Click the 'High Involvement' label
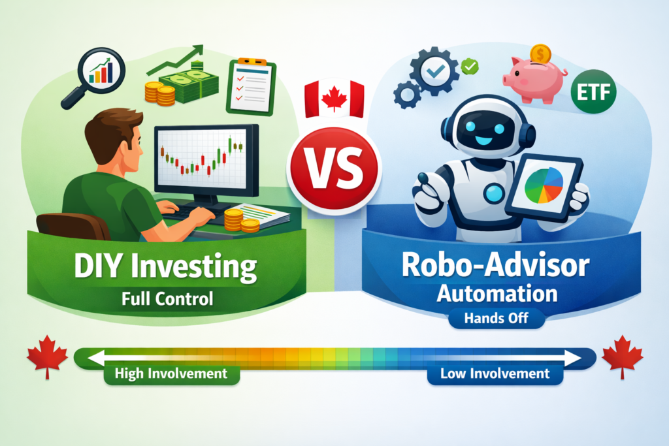point(171,374)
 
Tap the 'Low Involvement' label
point(494,374)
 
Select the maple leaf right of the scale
point(621,356)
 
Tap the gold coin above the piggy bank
point(540,52)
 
